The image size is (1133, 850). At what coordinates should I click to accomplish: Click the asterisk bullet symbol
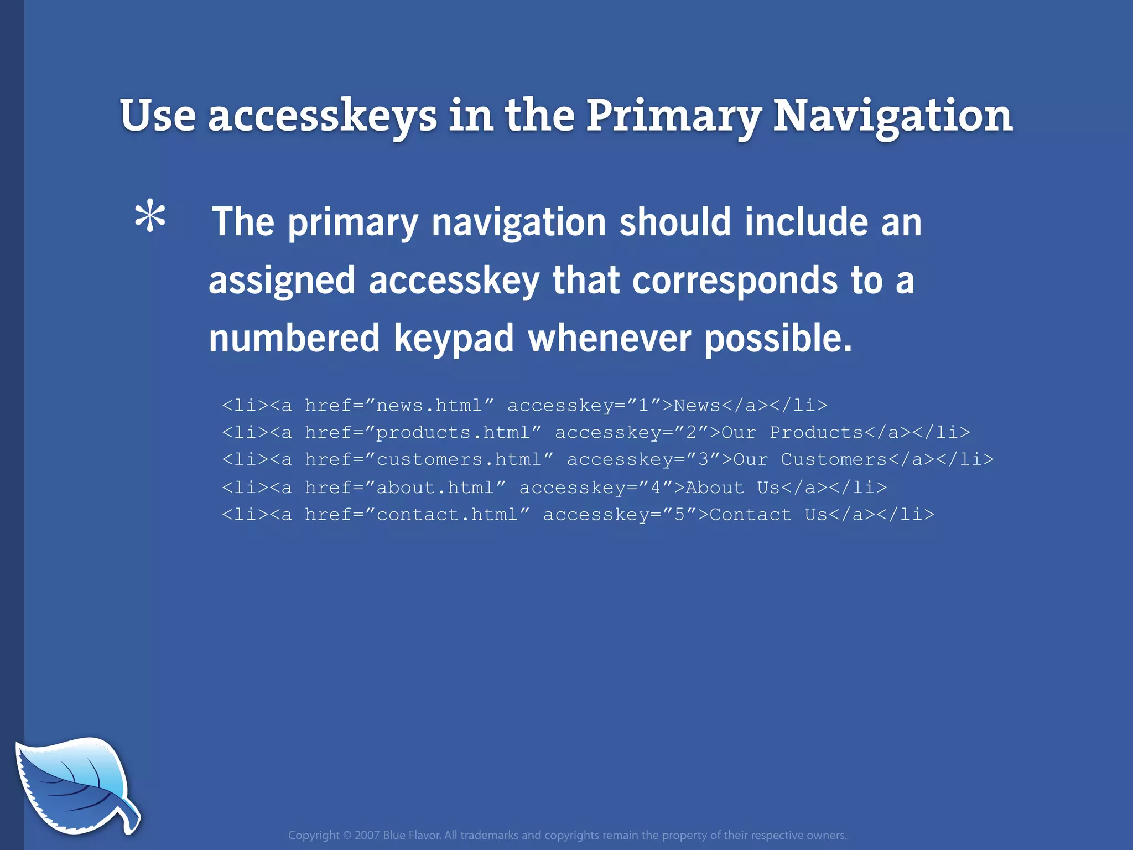tap(150, 219)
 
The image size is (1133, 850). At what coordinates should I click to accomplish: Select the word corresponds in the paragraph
tap(735, 280)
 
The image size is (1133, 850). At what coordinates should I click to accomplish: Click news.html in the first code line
tap(429, 406)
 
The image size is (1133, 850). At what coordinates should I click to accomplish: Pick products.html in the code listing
tap(453, 433)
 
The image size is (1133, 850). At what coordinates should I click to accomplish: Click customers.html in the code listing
tap(459, 460)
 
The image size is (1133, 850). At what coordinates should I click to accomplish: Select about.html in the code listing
tap(435, 488)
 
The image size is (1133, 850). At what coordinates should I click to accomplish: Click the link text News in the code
tap(697, 406)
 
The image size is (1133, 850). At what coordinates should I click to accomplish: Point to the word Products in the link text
tap(816, 433)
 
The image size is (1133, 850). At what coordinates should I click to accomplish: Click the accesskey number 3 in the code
tap(703, 460)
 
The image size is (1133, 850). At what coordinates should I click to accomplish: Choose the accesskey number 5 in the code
tap(680, 515)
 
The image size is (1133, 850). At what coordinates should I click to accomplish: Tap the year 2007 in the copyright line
tap(367, 835)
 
